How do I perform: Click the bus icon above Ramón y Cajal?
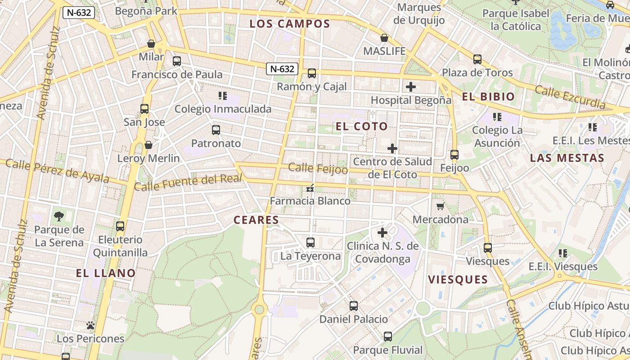click(x=311, y=73)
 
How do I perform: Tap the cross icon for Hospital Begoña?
click(x=410, y=87)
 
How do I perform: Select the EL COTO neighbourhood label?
click(x=362, y=126)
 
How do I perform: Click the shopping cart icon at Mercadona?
click(x=440, y=206)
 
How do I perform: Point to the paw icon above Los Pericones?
click(x=90, y=325)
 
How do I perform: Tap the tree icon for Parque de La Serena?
click(x=58, y=216)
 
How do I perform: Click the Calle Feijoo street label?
click(x=318, y=169)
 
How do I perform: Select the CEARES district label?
click(x=256, y=220)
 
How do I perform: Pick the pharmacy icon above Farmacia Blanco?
click(x=310, y=188)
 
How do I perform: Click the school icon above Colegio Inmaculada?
click(x=222, y=95)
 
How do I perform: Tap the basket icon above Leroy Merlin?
click(x=148, y=145)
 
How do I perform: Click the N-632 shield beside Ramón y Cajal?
click(x=282, y=69)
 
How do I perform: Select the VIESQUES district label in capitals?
click(x=458, y=279)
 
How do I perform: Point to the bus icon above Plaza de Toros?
click(x=477, y=59)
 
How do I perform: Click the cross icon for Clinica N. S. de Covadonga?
click(x=382, y=233)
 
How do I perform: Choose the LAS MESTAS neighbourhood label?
click(x=567, y=158)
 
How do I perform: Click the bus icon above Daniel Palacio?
click(x=354, y=306)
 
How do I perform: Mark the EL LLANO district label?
click(x=106, y=273)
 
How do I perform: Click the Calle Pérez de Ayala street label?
click(x=57, y=171)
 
